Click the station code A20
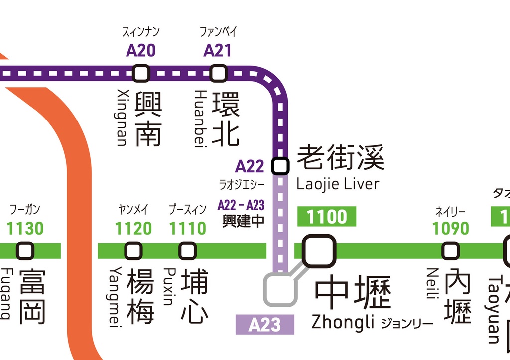[140, 50]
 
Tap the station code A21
[218, 50]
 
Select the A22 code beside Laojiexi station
[250, 166]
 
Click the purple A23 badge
[264, 325]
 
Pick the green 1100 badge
[326, 217]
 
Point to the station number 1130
[25, 229]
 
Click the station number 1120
[133, 229]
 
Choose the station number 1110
[187, 229]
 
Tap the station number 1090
[450, 229]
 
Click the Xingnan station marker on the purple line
[141, 74]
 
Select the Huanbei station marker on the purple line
[218, 74]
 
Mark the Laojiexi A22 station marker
[280, 166]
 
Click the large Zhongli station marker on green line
[319, 251]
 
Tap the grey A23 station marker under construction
[280, 290]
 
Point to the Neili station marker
[450, 251]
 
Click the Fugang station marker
[25, 251]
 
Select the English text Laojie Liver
[338, 184]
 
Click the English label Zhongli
[342, 322]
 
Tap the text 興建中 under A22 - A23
[244, 221]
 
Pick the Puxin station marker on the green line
[187, 251]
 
